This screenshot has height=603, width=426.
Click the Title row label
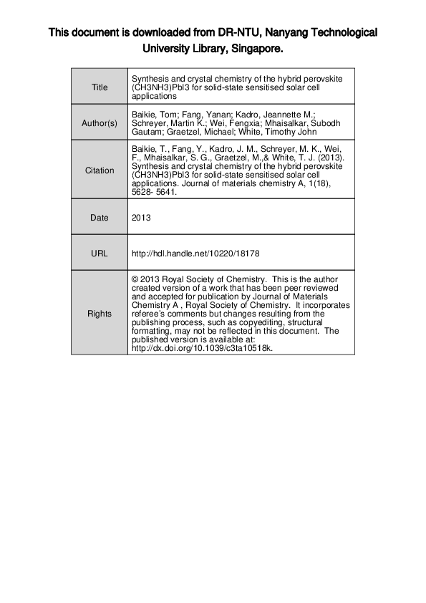(100, 87)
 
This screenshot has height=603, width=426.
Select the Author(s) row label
(100, 123)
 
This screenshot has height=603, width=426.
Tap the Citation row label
(100, 170)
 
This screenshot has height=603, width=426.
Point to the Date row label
(100, 218)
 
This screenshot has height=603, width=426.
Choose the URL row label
(100, 253)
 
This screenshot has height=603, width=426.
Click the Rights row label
(100, 314)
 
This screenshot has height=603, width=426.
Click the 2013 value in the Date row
(142, 218)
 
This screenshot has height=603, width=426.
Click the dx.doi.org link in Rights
(203, 349)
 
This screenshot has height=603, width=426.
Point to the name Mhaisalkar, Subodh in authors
(305, 123)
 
